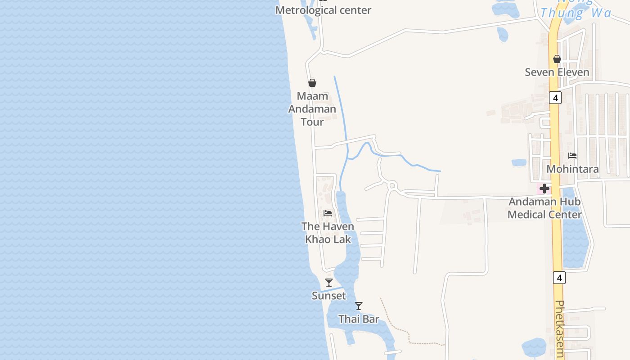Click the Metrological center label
[323, 10]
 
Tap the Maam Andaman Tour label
[312, 109]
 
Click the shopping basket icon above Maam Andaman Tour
[312, 83]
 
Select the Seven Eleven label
[557, 72]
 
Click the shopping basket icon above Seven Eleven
[557, 59]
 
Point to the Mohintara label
[572, 169]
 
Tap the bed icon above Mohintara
[572, 156]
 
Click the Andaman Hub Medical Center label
[544, 208]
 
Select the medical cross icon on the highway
[544, 189]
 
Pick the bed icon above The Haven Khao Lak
[328, 213]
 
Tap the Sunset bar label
[329, 296]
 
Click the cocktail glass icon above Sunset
[329, 283]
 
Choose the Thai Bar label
[359, 319]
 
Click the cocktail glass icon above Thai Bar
[359, 306]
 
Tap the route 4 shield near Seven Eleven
[555, 98]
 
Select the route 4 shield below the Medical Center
[559, 278]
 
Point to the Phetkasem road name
[560, 328]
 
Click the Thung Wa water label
[576, 13]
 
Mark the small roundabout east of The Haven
[392, 185]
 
